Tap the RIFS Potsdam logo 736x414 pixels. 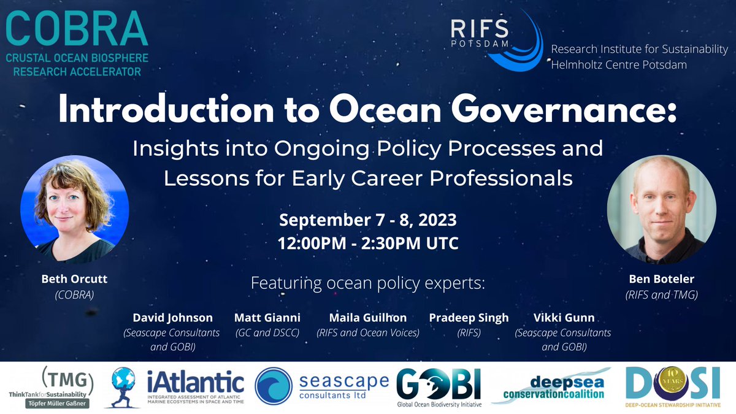click(497, 38)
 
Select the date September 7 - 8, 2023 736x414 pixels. click(368, 219)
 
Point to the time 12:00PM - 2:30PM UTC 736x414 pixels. click(368, 242)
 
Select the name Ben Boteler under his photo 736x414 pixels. click(661, 279)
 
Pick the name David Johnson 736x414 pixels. click(173, 318)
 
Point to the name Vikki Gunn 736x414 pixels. click(563, 318)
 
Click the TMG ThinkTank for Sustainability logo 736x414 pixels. click(50, 388)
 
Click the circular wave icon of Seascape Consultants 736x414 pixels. click(274, 386)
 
